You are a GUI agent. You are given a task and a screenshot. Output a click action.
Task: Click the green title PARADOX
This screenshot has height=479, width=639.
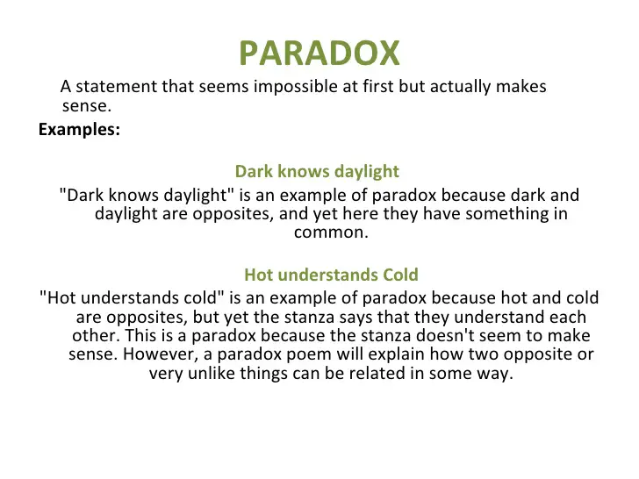pyautogui.click(x=319, y=53)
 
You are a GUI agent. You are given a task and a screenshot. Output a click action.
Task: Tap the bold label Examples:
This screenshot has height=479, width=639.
pyautogui.click(x=80, y=130)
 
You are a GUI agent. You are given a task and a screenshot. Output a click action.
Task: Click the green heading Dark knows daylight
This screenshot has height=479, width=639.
pyautogui.click(x=317, y=171)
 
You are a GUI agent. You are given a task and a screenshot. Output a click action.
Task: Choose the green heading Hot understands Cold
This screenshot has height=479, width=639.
pyautogui.click(x=331, y=275)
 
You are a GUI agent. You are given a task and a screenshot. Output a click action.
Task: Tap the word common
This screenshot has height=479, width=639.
pyautogui.click(x=331, y=232)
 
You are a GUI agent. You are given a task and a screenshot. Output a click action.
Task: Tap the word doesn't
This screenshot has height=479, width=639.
pyautogui.click(x=445, y=336)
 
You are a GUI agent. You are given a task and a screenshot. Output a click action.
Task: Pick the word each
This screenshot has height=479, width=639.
pyautogui.click(x=568, y=317)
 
